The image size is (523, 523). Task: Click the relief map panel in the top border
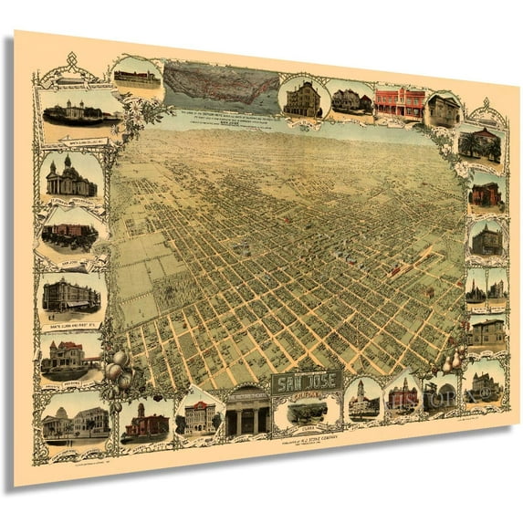pos(222,87)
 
